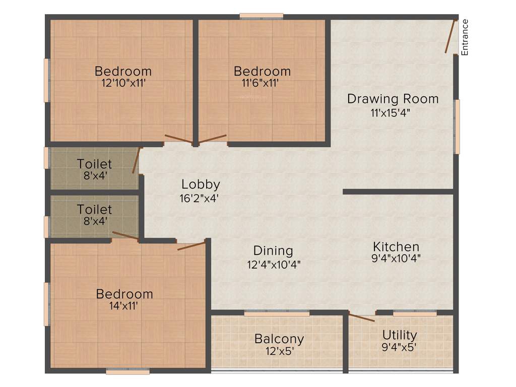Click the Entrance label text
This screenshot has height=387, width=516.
[x=465, y=37]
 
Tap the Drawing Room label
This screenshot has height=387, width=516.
[x=393, y=99]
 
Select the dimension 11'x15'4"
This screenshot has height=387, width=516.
[x=390, y=112]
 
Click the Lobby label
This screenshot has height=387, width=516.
[x=201, y=184]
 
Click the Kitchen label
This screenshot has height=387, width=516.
[x=396, y=247]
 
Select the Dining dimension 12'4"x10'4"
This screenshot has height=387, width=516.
[x=274, y=263]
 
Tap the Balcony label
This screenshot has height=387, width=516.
[x=279, y=338]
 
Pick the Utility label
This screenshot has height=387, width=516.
[x=400, y=335]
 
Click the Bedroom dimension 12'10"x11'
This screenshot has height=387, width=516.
[x=123, y=83]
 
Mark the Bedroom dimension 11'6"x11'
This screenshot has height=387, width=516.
[x=260, y=83]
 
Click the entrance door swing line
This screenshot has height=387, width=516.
[x=451, y=36]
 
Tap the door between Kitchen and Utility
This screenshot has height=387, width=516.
[x=362, y=317]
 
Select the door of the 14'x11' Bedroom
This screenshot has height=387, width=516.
[x=191, y=246]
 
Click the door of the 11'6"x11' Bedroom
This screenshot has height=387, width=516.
[x=213, y=139]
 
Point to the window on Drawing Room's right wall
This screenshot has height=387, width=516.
[x=457, y=126]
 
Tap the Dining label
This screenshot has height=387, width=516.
[x=273, y=250]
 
